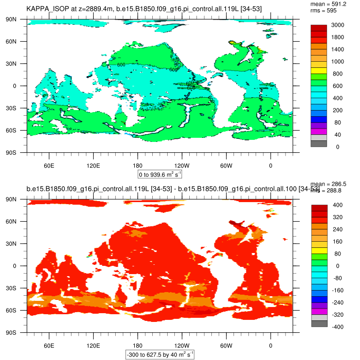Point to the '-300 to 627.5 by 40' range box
(x=160, y=354)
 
